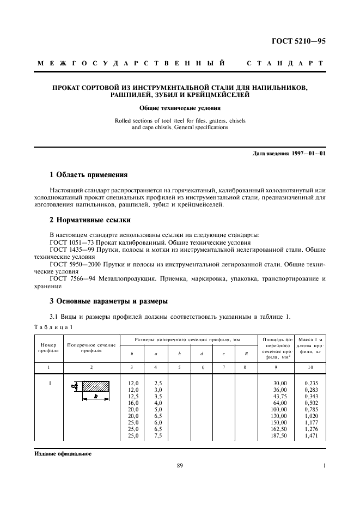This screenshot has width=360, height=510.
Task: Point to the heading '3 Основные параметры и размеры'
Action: click(x=108, y=301)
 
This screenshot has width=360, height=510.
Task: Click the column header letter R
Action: click(x=246, y=354)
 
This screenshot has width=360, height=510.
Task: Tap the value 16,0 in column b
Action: click(x=132, y=403)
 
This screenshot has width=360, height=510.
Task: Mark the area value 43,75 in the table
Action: click(x=281, y=397)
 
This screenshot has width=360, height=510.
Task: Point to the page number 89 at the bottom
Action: click(x=180, y=466)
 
